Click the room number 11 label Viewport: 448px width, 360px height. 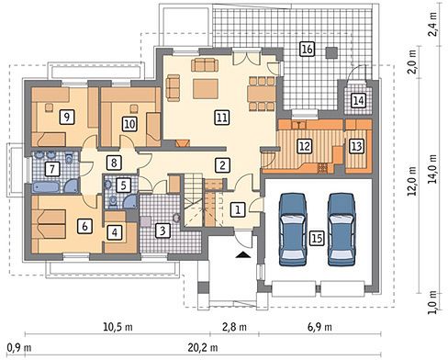coord(222,118)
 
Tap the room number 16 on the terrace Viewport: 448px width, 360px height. coord(307,49)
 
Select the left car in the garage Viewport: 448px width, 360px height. coord(293,229)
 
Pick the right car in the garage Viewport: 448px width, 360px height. coord(342,229)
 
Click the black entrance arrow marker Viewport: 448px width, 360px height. coord(243,254)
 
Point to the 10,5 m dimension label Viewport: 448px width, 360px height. coord(118,327)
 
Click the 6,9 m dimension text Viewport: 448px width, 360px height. coord(319,327)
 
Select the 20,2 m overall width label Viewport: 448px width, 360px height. coord(203,347)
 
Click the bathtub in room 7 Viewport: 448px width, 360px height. coord(46,187)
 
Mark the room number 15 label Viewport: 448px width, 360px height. coord(317,238)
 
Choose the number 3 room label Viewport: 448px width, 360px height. coord(162,231)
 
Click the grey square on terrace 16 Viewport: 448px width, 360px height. coord(331,52)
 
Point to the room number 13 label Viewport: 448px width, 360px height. coord(356,146)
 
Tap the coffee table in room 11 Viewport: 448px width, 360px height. coord(206,89)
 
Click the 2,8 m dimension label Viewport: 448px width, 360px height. coord(234,327)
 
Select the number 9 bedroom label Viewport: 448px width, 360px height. coord(67,117)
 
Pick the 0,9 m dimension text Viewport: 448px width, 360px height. coord(19,348)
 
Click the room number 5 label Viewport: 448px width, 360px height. coord(123,186)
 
